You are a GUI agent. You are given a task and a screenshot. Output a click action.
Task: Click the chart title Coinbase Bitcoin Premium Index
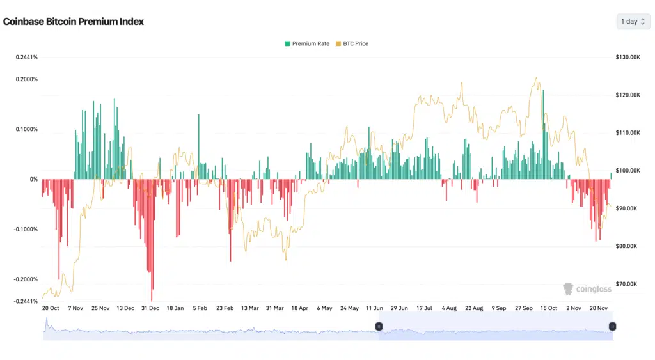click(x=74, y=21)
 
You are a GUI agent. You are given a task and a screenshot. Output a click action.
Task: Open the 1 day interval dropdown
click(x=632, y=21)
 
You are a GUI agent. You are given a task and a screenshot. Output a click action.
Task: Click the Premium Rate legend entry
click(x=307, y=43)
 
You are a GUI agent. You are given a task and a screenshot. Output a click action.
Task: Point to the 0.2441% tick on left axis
click(x=27, y=57)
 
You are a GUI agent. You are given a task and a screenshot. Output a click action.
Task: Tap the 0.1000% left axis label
click(x=27, y=129)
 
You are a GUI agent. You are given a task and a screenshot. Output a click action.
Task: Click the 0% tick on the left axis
click(x=33, y=179)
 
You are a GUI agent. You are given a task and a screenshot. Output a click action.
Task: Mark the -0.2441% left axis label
click(x=26, y=301)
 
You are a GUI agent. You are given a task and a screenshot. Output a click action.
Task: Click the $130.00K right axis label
click(x=627, y=57)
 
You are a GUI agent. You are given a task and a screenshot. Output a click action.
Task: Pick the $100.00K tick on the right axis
click(x=627, y=171)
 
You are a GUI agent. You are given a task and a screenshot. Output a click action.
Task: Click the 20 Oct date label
click(x=51, y=308)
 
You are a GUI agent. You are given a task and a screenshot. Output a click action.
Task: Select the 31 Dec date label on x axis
click(x=150, y=308)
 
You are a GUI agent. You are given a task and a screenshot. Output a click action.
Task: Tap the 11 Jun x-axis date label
click(x=374, y=308)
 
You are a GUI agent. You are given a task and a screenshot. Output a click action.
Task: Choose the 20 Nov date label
click(x=598, y=308)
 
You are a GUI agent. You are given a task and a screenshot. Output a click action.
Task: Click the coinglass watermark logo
click(x=587, y=289)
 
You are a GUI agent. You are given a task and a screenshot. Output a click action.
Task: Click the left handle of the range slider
click(x=379, y=326)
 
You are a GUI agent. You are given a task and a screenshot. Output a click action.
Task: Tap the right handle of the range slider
click(x=612, y=326)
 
